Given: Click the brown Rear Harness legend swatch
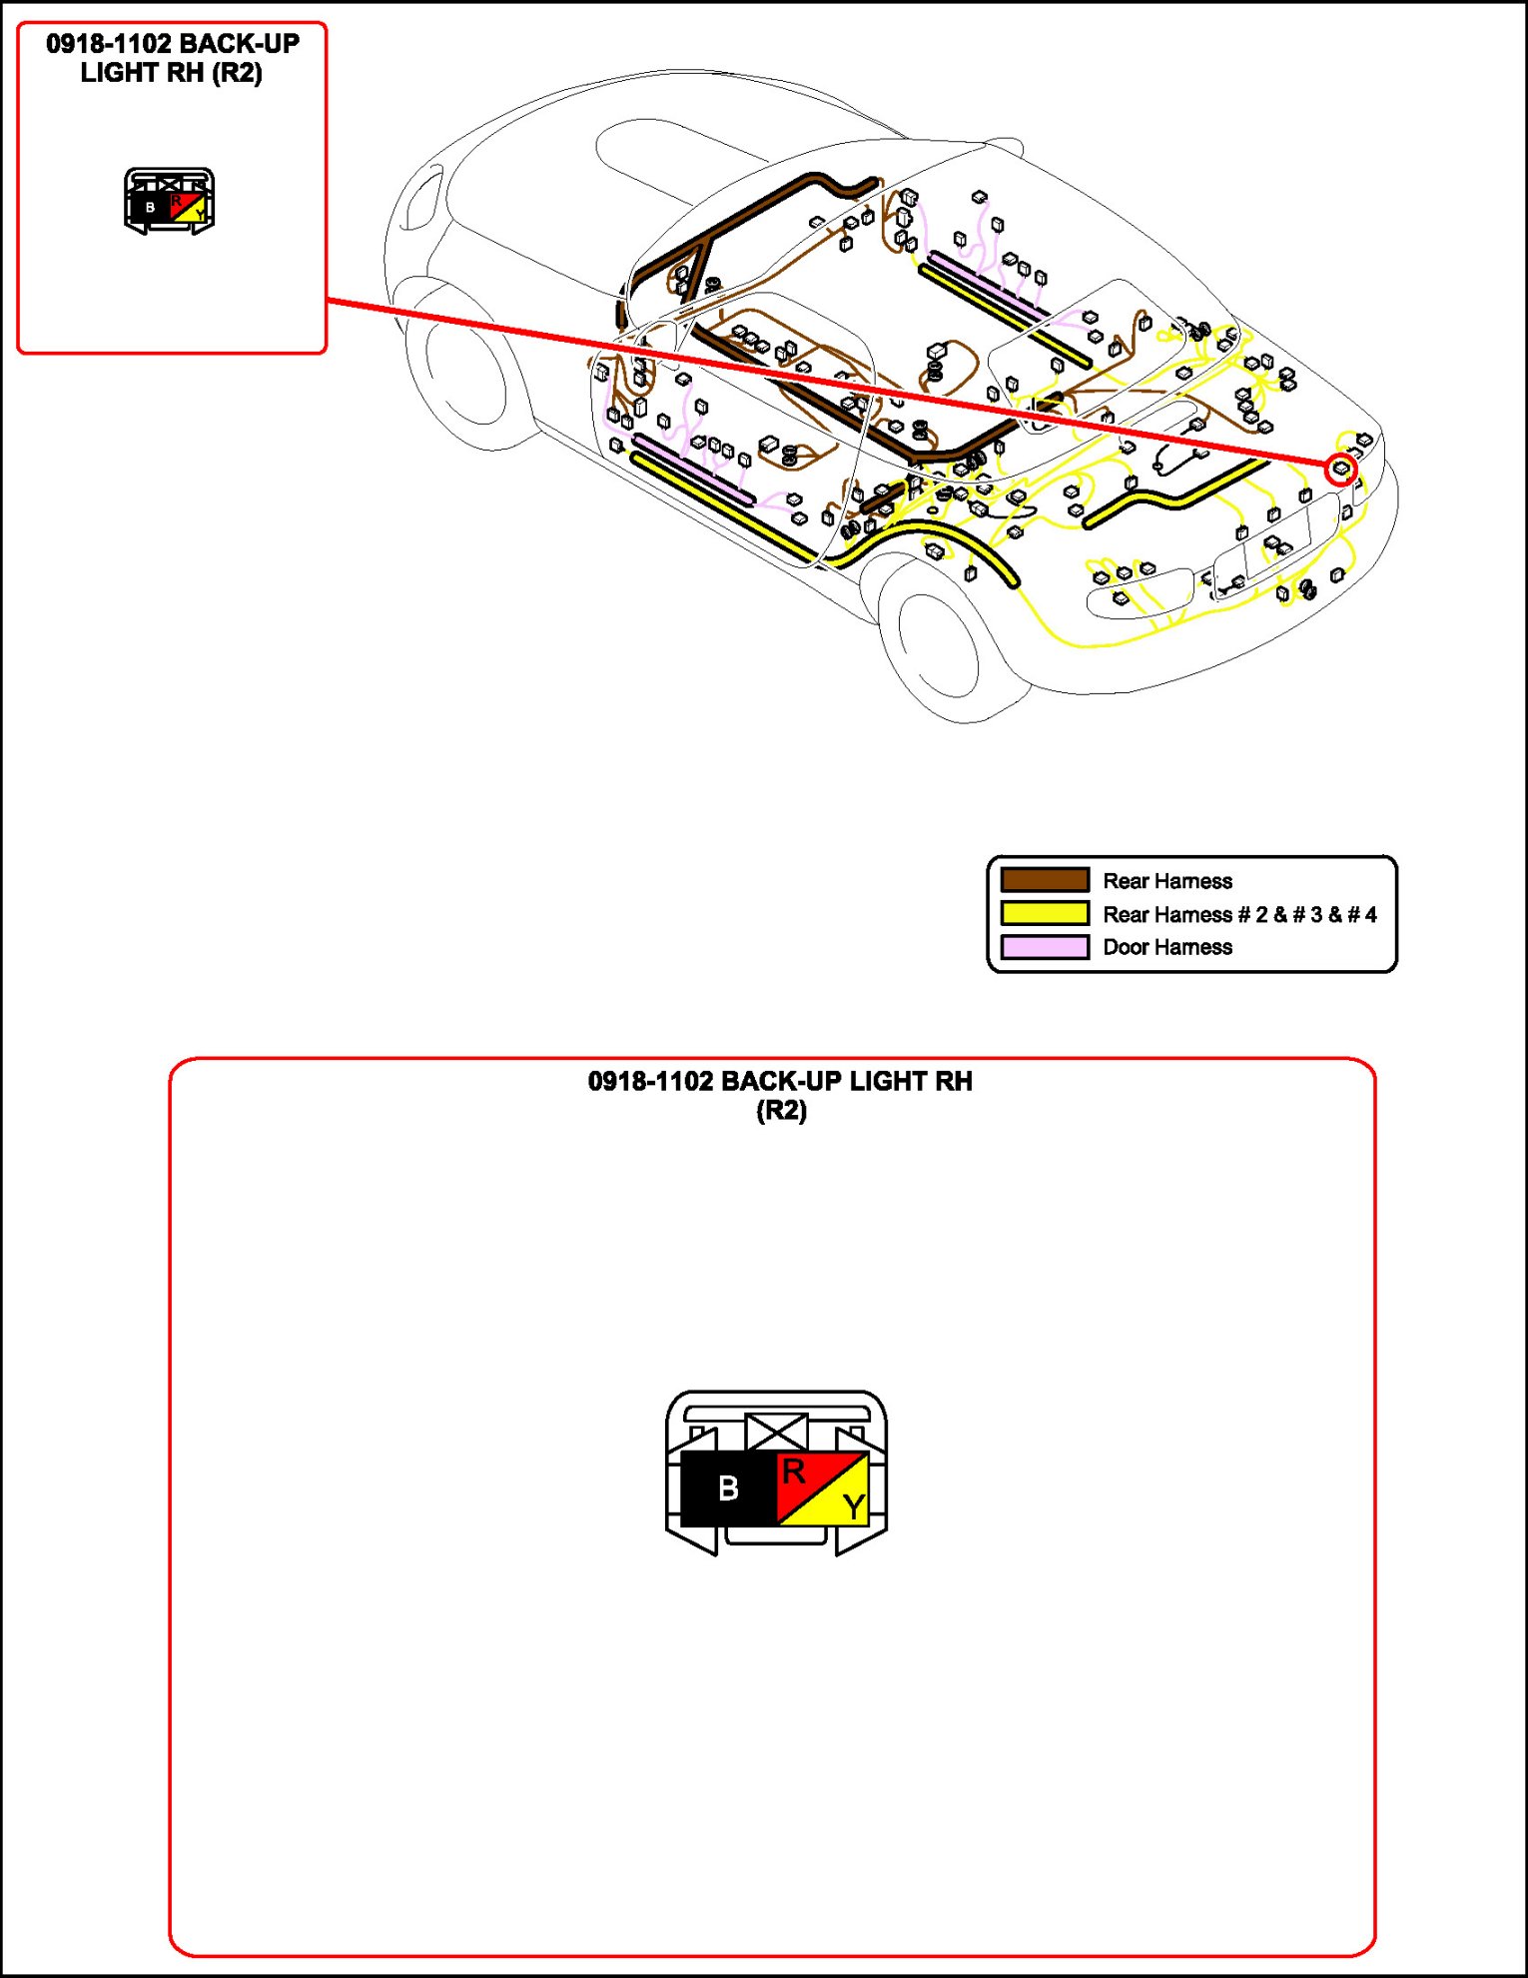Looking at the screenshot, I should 1045,880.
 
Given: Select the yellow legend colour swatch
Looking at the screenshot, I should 1045,913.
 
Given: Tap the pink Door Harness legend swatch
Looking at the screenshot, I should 1045,946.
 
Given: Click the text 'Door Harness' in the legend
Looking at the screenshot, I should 1167,947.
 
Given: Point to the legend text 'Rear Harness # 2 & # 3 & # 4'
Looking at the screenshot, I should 1239,914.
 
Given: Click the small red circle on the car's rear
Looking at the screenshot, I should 1341,469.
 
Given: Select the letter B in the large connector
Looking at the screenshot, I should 728,1488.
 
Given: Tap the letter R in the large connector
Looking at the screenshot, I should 794,1472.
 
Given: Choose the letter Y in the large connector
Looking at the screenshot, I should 852,1505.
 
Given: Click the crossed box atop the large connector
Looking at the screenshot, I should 776,1431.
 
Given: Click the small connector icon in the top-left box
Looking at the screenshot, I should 169,202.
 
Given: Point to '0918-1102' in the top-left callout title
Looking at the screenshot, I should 108,44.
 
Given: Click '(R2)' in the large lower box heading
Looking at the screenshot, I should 781,1111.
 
